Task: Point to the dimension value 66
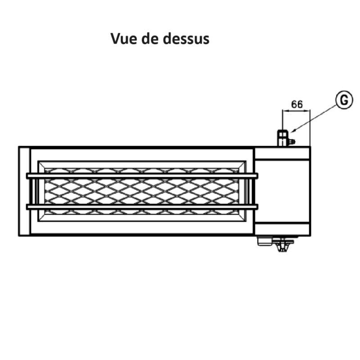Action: [x=297, y=104]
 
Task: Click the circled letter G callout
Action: [x=343, y=100]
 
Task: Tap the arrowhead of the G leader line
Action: [x=293, y=131]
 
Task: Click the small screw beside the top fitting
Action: [x=292, y=142]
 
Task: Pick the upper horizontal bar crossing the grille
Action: [x=142, y=175]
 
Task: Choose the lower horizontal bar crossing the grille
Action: [x=142, y=207]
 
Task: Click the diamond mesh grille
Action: [x=142, y=191]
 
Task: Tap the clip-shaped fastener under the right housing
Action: [x=283, y=245]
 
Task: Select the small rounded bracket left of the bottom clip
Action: [x=265, y=242]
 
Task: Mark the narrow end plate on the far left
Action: [x=24, y=191]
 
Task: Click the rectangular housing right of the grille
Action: [x=282, y=191]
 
